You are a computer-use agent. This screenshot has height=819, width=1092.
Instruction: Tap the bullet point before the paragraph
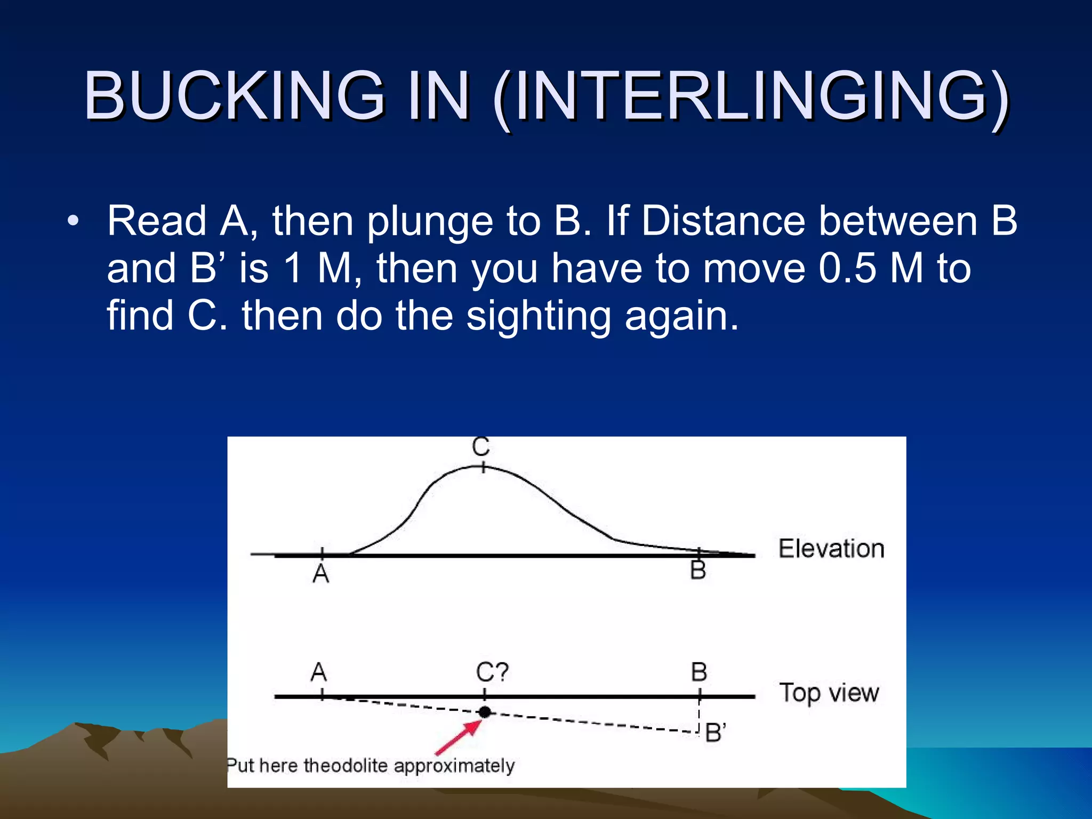coord(73,221)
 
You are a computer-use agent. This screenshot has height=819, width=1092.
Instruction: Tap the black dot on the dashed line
coord(485,712)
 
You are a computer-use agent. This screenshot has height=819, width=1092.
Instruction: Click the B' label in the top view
coord(716,733)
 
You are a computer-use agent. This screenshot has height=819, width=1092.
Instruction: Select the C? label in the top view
coord(492,672)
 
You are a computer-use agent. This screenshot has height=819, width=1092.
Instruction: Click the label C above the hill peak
coord(481,447)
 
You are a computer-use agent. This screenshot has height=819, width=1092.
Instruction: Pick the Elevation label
coord(831,549)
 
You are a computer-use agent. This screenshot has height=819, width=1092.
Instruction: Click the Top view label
coord(829,693)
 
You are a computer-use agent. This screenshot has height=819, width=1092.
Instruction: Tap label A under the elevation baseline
coord(321,574)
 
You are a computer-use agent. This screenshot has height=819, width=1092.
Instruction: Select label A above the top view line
coord(319,672)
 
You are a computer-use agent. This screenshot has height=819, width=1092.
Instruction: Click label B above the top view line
coord(699,672)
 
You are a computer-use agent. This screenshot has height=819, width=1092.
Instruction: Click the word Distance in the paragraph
coord(724,221)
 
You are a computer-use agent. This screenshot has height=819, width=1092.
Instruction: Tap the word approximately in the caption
coord(454,766)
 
